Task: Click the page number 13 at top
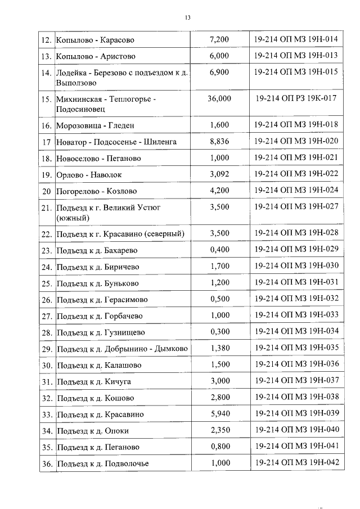click(x=188, y=18)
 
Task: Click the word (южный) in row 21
click(x=74, y=218)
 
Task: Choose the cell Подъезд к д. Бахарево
click(x=97, y=250)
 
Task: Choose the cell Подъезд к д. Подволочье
click(x=103, y=464)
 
